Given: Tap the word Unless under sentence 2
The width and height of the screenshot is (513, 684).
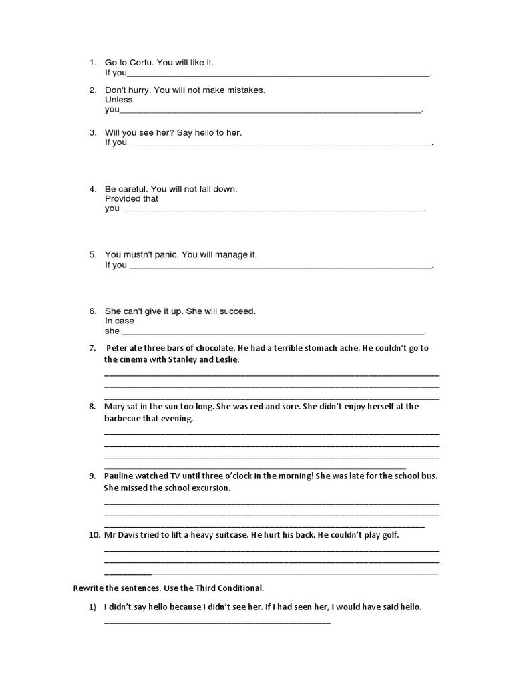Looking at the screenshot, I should pos(119,100).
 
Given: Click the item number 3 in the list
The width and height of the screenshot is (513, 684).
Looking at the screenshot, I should pos(93,132).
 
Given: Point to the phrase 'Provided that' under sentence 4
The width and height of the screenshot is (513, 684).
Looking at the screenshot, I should pos(132,198).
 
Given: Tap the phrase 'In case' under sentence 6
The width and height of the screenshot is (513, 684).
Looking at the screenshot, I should pos(120,321).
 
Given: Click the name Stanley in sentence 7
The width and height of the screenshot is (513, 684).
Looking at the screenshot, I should pos(177,359).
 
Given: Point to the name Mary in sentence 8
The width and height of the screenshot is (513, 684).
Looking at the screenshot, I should pos(115,406).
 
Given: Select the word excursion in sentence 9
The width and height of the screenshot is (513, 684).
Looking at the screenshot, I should pos(208,488).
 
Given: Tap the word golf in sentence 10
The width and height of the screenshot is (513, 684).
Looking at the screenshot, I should pos(388,535).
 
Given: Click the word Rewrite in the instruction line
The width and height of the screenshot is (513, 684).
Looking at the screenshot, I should pos(88,588).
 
